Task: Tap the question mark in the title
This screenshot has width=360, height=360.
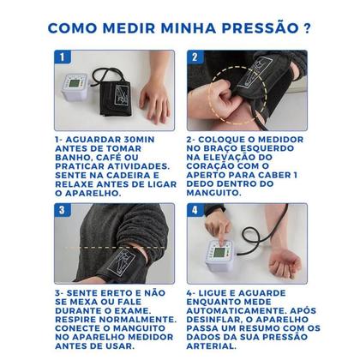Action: click(x=306, y=27)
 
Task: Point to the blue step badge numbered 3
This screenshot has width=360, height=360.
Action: click(x=62, y=211)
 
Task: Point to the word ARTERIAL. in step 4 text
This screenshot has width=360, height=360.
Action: click(x=213, y=345)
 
